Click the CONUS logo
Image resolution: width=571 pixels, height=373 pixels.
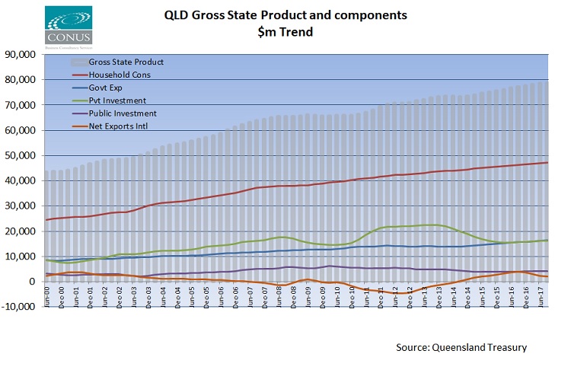tap(69, 26)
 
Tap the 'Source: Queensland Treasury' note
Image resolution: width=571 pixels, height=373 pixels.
tap(461, 347)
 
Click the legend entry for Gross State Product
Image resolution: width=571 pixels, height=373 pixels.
tap(126, 62)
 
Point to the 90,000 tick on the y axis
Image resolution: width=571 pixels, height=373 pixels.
tap(22, 55)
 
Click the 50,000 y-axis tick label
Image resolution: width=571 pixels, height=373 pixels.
tap(22, 155)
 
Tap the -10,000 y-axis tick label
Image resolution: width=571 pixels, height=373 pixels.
tap(21, 307)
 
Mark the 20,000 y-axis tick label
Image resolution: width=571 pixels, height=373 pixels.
tap(22, 231)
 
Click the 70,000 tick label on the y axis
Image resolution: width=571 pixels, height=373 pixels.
tap(22, 105)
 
